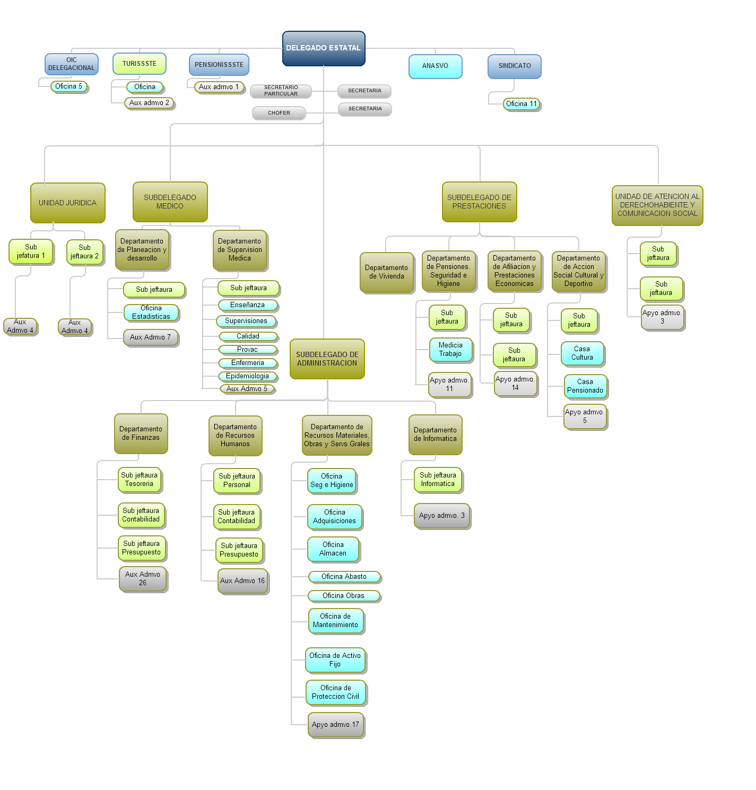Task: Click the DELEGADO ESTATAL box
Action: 324,48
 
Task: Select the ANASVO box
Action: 435,66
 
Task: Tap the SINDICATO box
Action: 514,66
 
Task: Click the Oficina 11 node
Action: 521,104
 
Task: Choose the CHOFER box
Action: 279,113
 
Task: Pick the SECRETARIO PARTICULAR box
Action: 281,91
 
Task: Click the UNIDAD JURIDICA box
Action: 67,203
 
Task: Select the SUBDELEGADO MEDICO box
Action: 170,202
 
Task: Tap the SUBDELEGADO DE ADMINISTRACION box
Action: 327,359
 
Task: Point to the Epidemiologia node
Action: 247,376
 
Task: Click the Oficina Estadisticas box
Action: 151,312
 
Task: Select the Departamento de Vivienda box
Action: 386,272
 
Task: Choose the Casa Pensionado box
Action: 585,386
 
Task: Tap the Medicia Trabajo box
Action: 450,350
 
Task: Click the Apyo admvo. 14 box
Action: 515,384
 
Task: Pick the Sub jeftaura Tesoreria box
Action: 139,480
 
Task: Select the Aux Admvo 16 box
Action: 242,581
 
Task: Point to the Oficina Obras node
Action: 343,596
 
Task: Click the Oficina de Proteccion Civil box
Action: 335,692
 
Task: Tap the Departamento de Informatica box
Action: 435,435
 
